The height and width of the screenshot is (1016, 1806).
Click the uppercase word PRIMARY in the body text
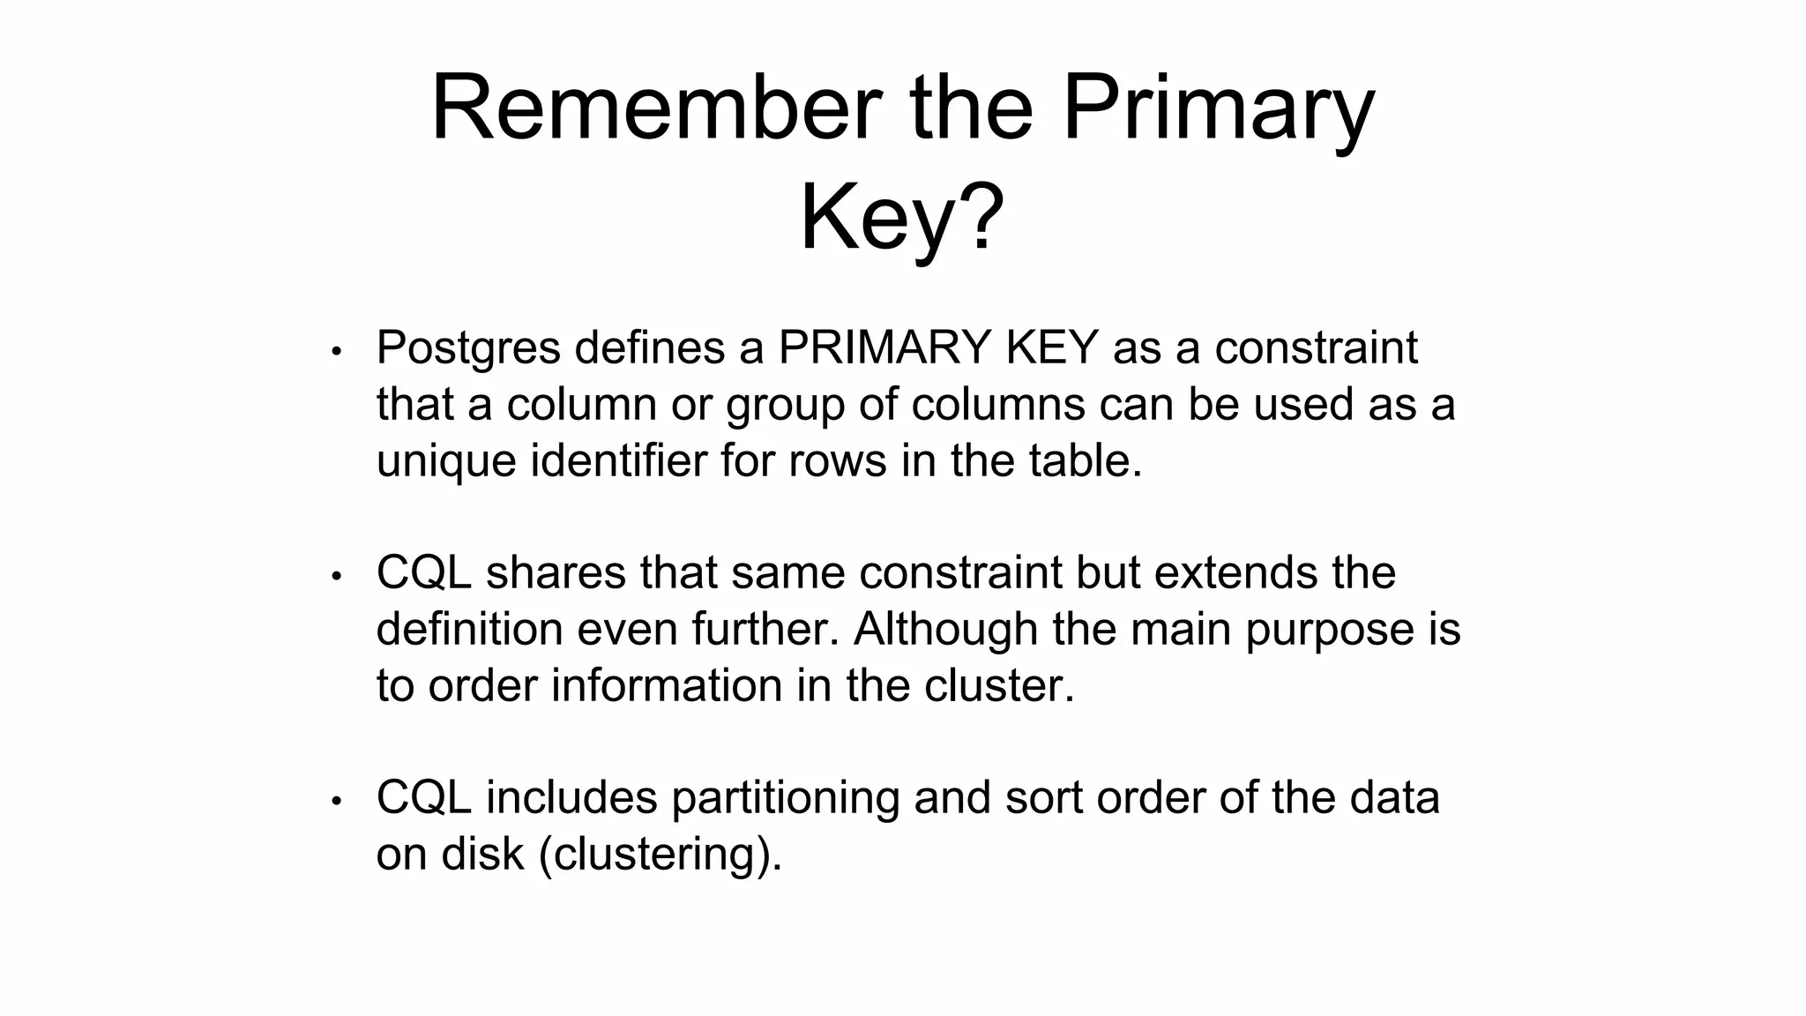click(884, 347)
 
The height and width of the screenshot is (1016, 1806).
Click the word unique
click(446, 462)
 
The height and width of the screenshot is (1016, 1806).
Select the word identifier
click(618, 460)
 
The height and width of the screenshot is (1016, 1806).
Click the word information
click(667, 685)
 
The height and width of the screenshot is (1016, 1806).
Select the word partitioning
click(785, 799)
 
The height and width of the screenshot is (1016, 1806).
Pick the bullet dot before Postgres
click(336, 352)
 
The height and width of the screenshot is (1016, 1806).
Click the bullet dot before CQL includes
click(336, 802)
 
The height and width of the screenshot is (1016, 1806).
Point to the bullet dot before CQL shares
click(336, 577)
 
